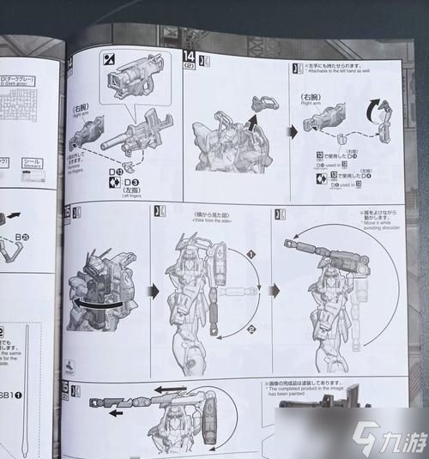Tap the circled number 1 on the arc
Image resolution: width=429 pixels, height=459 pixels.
251,255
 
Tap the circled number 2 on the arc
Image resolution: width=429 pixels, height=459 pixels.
251,329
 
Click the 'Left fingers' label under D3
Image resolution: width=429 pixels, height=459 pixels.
129,197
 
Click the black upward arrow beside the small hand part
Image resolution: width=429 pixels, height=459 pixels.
255,118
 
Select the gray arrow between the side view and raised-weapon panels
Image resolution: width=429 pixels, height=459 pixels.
275,291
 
